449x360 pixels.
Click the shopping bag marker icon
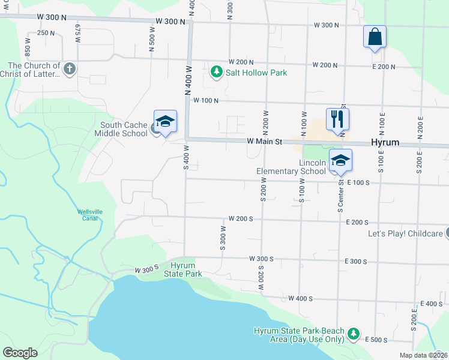click(x=375, y=37)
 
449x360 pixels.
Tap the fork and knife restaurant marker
click(x=337, y=119)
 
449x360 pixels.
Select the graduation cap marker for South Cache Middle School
click(x=166, y=121)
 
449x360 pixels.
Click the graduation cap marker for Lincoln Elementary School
click(x=340, y=160)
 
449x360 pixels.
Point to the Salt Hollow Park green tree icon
click(x=217, y=73)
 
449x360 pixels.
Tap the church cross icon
click(x=69, y=68)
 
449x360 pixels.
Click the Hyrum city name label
click(x=385, y=143)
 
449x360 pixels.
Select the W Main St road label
click(x=265, y=142)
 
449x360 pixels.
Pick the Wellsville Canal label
click(x=90, y=215)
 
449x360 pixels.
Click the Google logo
click(x=20, y=353)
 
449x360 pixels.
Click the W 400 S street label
click(x=301, y=298)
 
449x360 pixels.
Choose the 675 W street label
click(x=78, y=32)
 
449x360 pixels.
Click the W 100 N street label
click(x=205, y=101)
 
